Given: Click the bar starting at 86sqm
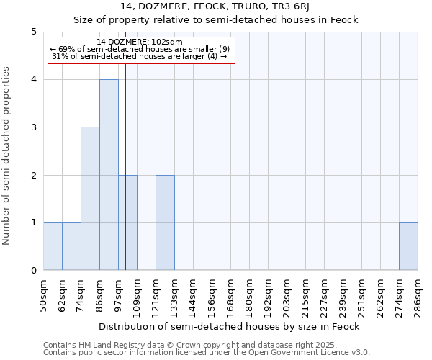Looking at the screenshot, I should [x=109, y=175].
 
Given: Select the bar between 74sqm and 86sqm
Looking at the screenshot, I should [x=90, y=199].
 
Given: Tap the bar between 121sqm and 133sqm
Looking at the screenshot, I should [x=165, y=222].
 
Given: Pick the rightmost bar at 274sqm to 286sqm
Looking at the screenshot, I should [x=408, y=246].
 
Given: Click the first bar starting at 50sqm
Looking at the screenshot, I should [x=53, y=246].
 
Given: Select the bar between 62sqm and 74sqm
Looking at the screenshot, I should [x=71, y=246].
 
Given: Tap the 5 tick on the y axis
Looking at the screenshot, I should [x=33, y=32].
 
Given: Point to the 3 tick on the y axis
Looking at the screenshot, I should [x=33, y=127].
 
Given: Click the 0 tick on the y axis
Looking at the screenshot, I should [x=33, y=271].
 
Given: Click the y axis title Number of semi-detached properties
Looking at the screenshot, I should [x=7, y=156].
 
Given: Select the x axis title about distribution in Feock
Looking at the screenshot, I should [x=229, y=326].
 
